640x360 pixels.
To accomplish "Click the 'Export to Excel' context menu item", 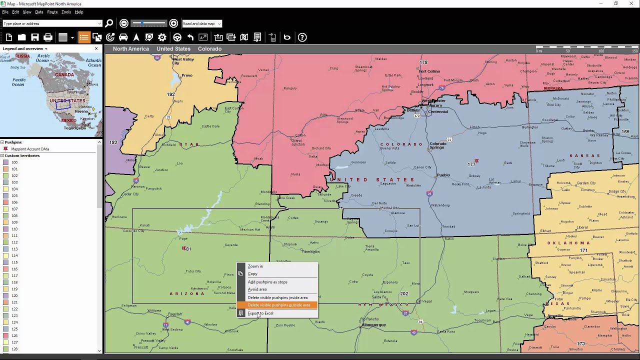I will click(x=260, y=313).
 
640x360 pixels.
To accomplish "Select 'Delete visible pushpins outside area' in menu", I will click(x=278, y=305).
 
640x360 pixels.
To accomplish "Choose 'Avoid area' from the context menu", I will click(x=257, y=289).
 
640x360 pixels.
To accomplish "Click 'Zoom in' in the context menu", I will click(x=255, y=266).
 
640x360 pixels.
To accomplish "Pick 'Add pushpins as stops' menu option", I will click(x=267, y=282).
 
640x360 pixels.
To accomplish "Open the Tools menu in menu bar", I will click(x=66, y=12).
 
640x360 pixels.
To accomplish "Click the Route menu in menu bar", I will click(x=52, y=12).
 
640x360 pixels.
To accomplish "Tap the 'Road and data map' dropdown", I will click(x=201, y=23).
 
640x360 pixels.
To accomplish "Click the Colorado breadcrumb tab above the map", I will click(x=209, y=49).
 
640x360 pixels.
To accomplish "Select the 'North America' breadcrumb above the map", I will click(x=130, y=49).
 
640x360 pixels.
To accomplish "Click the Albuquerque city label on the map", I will click(x=373, y=325).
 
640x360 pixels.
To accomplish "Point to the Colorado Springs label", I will click(x=437, y=145).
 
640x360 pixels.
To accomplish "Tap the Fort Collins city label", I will click(x=429, y=71).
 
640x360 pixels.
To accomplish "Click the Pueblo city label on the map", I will click(x=443, y=175).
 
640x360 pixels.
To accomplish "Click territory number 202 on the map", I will click(x=404, y=294).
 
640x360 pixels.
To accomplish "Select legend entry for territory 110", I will click(x=14, y=229).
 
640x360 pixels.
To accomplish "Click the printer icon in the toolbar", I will click(x=48, y=37).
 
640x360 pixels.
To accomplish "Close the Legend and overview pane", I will click(x=96, y=48).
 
